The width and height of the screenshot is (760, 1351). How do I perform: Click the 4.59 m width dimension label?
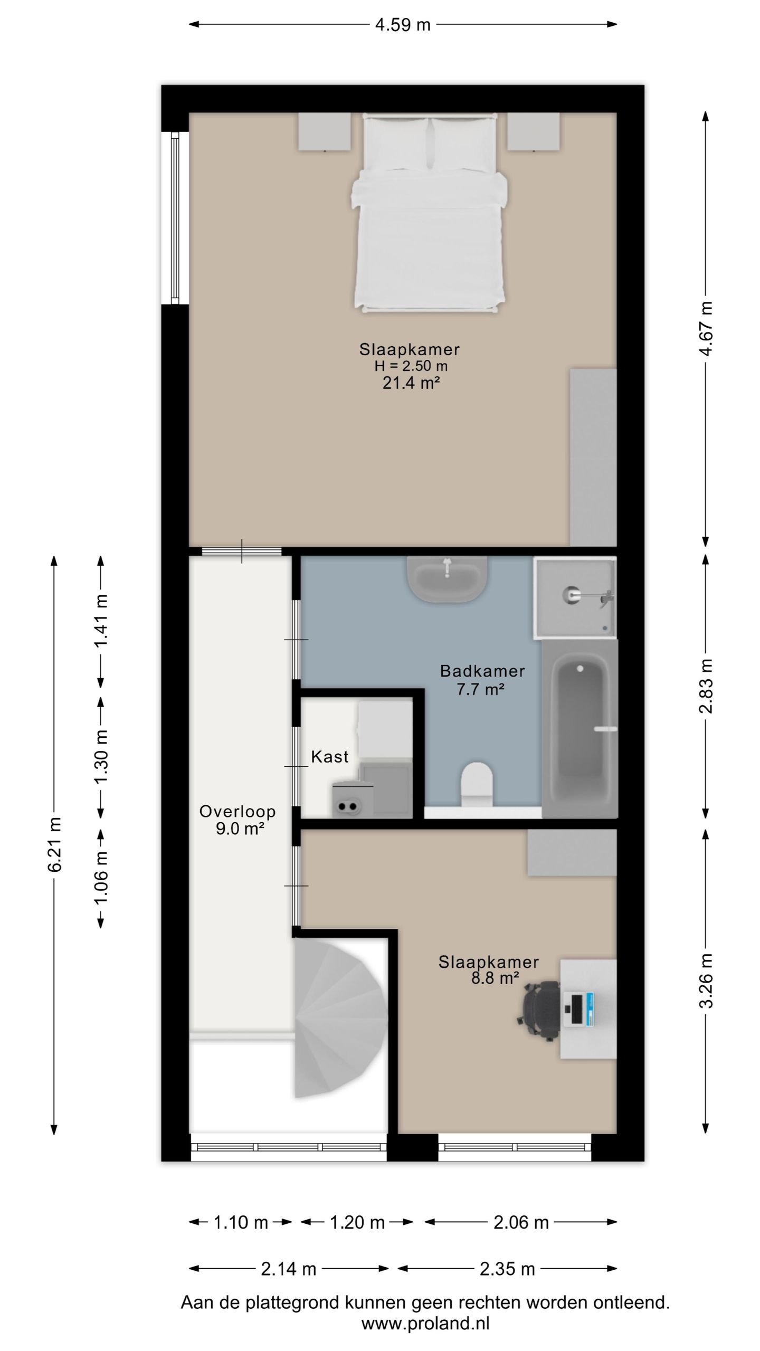click(x=403, y=25)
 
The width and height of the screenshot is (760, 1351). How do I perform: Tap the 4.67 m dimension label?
click(x=706, y=329)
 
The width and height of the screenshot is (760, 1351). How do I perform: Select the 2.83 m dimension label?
click(x=706, y=686)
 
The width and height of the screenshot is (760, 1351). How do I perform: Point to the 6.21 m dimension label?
click(x=55, y=844)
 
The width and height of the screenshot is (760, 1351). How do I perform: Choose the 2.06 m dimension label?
click(x=521, y=1222)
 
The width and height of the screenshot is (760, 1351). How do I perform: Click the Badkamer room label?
click(x=482, y=671)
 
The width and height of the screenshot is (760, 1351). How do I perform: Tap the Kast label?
click(x=330, y=757)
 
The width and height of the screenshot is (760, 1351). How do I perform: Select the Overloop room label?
click(x=237, y=811)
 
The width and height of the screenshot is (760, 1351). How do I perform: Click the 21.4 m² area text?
click(x=411, y=383)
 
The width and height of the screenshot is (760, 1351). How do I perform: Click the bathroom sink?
click(x=447, y=579)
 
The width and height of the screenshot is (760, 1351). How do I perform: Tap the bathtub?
click(x=579, y=729)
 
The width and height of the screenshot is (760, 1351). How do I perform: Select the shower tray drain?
click(x=570, y=595)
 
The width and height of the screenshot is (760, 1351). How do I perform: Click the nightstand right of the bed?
click(x=534, y=132)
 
